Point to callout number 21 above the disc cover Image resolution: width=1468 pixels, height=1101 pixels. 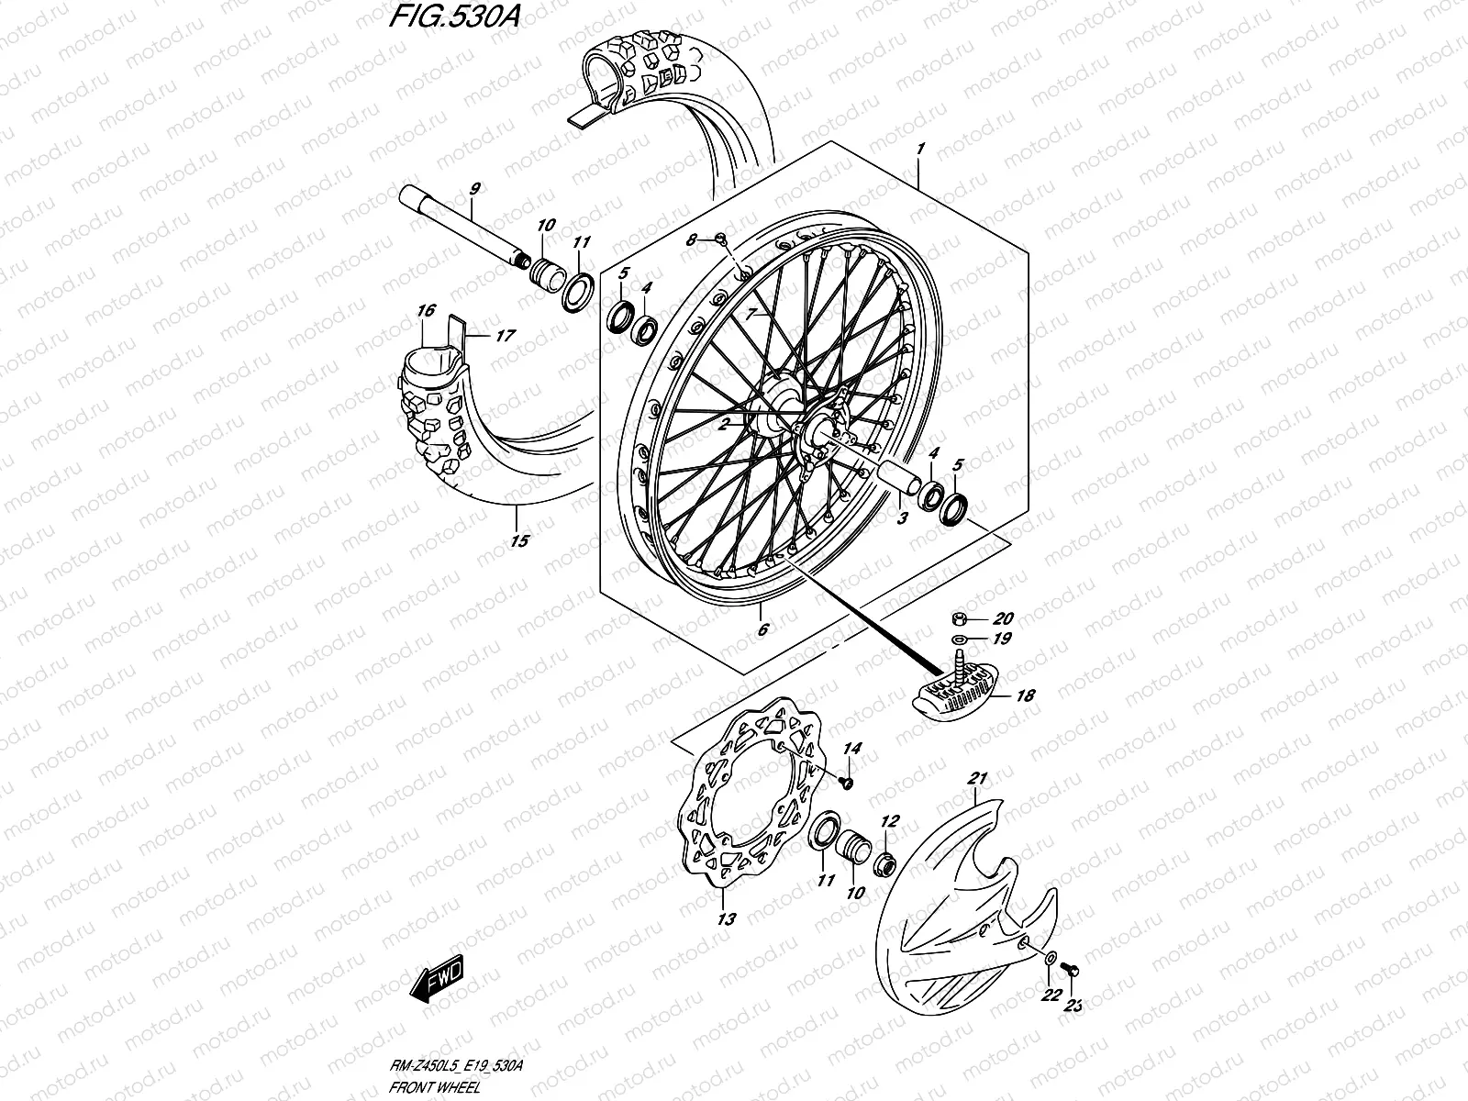(978, 779)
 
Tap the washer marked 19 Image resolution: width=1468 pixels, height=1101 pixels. (958, 639)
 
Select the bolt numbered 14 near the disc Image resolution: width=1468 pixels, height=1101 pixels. (847, 783)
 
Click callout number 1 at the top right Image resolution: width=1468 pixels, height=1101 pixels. (920, 148)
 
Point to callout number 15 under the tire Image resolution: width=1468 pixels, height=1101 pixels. (519, 540)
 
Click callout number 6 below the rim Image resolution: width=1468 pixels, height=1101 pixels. (762, 629)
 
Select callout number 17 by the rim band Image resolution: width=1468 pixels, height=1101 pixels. (505, 336)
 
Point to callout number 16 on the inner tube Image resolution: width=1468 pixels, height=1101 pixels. (425, 312)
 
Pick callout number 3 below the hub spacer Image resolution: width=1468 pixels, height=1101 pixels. (902, 518)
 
